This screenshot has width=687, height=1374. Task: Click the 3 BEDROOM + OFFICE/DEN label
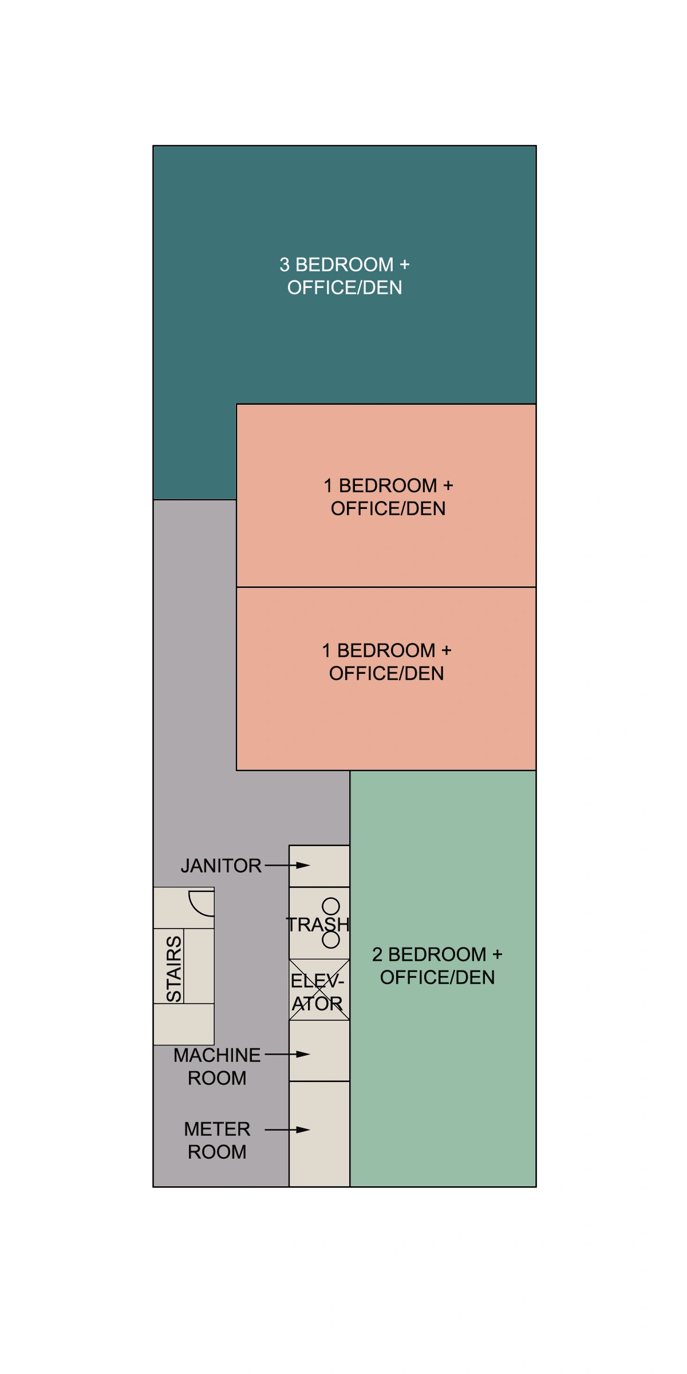[344, 276]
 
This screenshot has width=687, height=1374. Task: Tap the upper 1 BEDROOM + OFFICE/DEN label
[388, 497]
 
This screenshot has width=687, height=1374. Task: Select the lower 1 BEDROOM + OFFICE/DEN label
[386, 662]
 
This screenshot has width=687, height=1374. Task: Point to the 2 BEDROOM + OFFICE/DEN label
[437, 966]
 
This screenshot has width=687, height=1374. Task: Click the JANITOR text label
[221, 866]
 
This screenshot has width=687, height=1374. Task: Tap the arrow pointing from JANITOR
[287, 865]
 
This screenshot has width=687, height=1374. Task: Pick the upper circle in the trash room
[331, 906]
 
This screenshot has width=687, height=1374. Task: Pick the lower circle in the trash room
[331, 939]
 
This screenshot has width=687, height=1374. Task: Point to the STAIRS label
[173, 969]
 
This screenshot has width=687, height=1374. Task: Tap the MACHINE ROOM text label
[217, 1067]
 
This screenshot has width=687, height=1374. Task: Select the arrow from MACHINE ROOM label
[287, 1054]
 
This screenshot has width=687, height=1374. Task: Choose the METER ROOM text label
[217, 1140]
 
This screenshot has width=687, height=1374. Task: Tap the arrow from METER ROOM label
[287, 1130]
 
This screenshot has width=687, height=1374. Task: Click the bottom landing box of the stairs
[184, 1024]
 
